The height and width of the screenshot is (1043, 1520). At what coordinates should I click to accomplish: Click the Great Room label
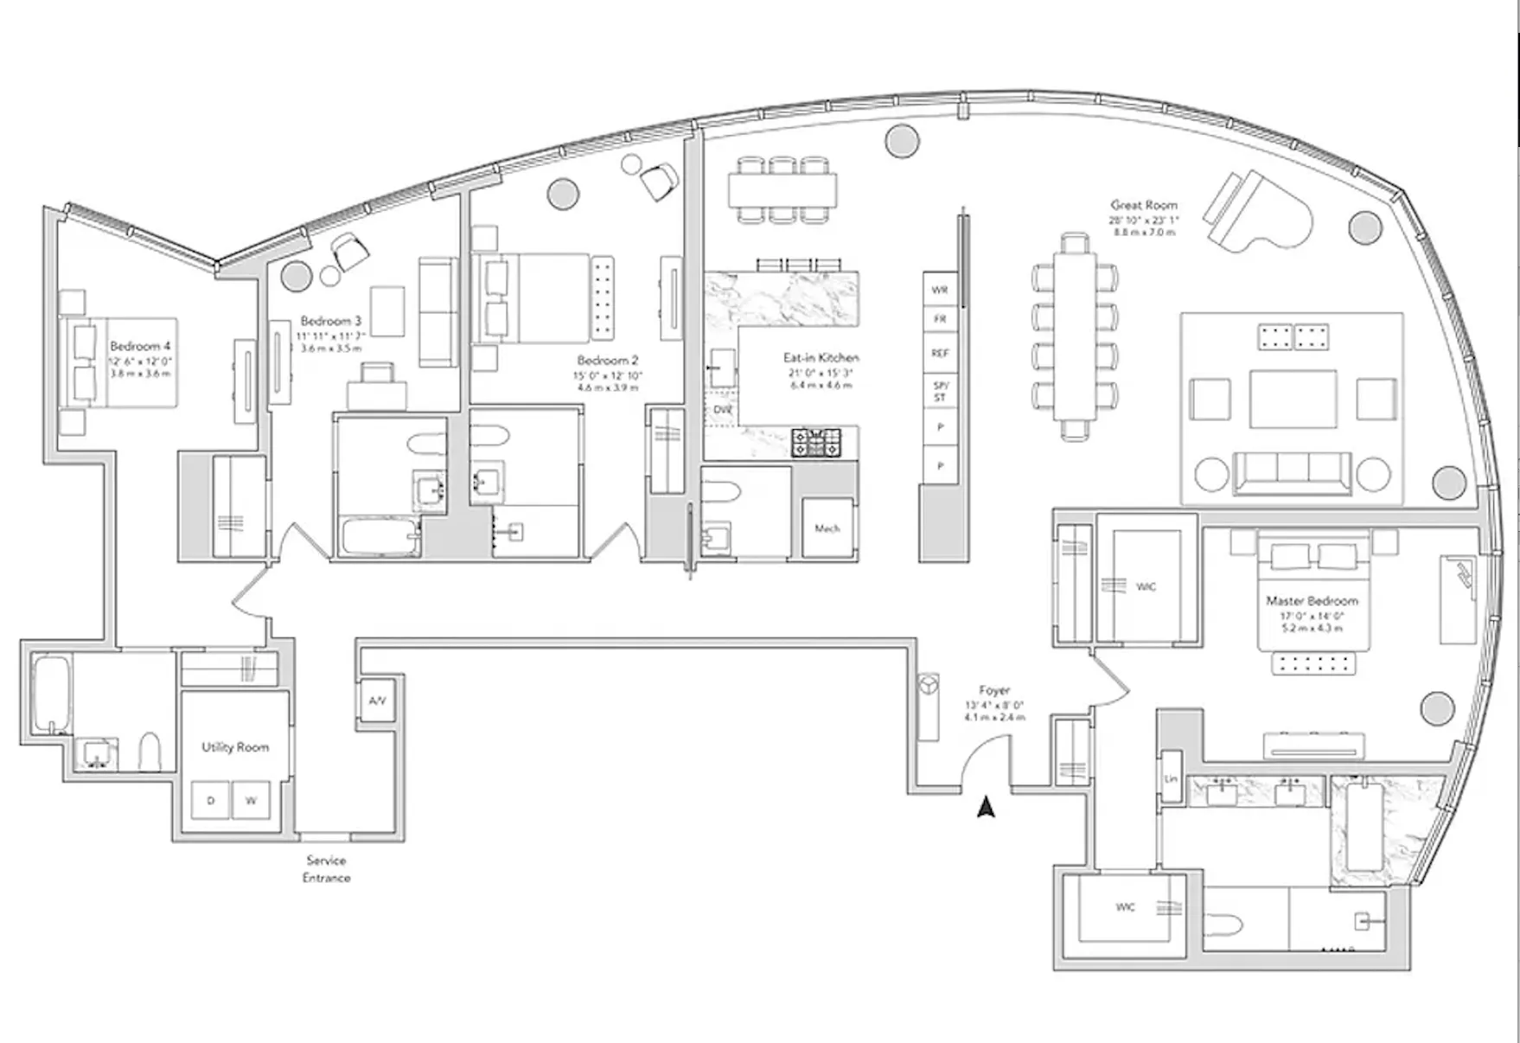point(1143,206)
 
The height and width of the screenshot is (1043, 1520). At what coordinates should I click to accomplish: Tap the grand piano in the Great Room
point(1251,211)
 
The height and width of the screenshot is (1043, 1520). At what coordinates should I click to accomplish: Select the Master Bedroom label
point(1312,600)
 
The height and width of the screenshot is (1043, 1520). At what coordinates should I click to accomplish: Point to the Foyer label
point(994,690)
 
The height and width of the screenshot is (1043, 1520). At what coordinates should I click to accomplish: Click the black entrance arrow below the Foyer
point(986,807)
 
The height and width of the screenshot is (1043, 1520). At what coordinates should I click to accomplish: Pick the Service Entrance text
point(326,868)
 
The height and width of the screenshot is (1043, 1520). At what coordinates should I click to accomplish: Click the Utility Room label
point(235,747)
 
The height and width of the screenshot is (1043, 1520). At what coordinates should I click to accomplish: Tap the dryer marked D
point(210,801)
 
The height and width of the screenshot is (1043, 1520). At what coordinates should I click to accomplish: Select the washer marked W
point(251,801)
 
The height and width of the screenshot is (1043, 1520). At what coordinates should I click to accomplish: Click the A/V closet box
point(377,701)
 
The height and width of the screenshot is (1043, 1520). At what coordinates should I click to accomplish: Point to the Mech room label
point(827,528)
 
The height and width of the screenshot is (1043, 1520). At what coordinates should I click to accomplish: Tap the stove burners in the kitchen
point(816,443)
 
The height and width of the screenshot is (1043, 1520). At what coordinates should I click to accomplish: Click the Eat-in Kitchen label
point(821,357)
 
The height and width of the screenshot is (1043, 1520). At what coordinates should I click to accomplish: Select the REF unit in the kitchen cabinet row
point(940,354)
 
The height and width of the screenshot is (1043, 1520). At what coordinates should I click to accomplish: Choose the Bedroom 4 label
point(140,346)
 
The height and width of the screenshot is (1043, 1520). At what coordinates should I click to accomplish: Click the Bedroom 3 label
point(331,321)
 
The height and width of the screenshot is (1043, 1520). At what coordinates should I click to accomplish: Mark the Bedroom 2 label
point(608,360)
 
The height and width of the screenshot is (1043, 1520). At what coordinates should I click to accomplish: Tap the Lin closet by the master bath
point(1171,778)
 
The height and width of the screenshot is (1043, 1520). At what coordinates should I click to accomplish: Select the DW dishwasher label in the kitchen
point(722,410)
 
